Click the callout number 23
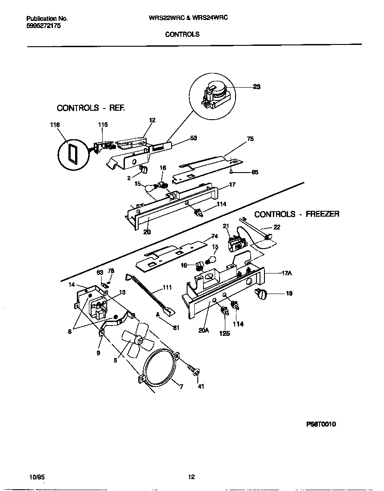256,87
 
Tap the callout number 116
54,125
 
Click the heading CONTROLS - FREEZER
296,214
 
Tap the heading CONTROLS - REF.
91,108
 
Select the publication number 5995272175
44,26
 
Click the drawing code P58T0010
320,424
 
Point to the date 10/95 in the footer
36,477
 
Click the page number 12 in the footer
191,477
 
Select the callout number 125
224,333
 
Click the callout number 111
167,288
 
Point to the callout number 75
250,139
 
